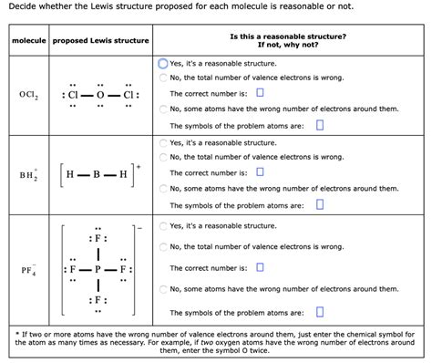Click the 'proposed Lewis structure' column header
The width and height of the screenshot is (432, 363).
pyautogui.click(x=100, y=41)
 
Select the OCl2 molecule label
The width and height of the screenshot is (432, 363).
pyautogui.click(x=26, y=96)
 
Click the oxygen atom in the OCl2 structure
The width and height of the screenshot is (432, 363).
pyautogui.click(x=103, y=96)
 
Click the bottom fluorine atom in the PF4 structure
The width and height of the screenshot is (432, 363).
pyautogui.click(x=101, y=300)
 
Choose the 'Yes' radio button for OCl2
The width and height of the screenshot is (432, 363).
pyautogui.click(x=163, y=64)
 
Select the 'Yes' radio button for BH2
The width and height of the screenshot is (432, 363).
pyautogui.click(x=163, y=143)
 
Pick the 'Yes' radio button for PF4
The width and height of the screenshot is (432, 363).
pyautogui.click(x=163, y=225)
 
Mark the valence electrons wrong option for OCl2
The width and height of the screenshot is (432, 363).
pyautogui.click(x=163, y=78)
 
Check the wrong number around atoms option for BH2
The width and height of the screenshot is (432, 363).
pyautogui.click(x=163, y=188)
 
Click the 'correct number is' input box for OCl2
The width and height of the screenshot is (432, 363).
pyautogui.click(x=260, y=93)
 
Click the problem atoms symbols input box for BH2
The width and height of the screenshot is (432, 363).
pyautogui.click(x=319, y=203)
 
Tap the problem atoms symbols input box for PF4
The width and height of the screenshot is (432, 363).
pyautogui.click(x=319, y=312)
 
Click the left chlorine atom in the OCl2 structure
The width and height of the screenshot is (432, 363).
pyautogui.click(x=73, y=96)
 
